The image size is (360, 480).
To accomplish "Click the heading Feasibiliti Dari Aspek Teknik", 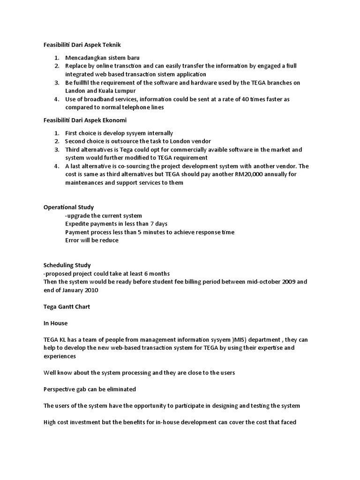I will pos(82,45).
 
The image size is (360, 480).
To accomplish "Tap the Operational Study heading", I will pos(68,207).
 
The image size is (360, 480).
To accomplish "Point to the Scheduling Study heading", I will pos(67,265).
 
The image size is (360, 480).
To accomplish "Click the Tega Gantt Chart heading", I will pos(66,307).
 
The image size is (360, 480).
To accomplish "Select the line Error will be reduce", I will pos(92,240).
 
